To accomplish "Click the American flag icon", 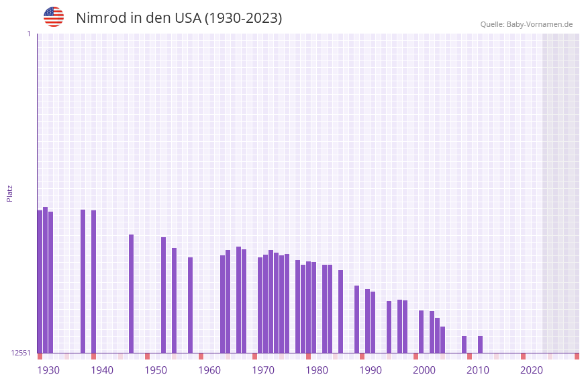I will point(54,17).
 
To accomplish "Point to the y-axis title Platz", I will point(9,193).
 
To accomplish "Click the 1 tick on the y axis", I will point(28,34).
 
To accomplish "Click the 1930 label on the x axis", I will point(48,370).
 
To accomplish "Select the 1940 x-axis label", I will point(102,370).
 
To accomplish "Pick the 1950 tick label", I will point(156,370).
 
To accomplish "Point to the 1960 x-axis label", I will point(209,370).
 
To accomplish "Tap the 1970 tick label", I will point(263,370).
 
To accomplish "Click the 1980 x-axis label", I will point(317,370).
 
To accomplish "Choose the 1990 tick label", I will point(371,370).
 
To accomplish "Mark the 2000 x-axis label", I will point(424,370).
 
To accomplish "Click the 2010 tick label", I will point(478,370).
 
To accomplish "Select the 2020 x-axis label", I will point(532,370).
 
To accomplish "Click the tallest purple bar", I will point(45,280).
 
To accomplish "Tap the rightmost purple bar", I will point(480,344).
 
